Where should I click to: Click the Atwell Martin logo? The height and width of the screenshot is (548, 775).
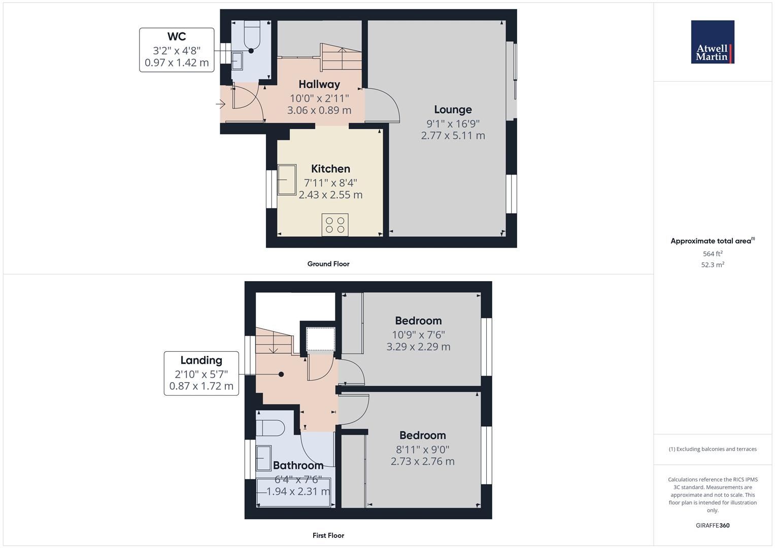pos(713,42)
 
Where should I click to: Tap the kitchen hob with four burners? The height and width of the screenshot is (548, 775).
pos(335,225)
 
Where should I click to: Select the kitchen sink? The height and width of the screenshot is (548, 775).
pos(287,180)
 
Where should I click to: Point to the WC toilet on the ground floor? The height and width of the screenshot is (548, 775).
pos(252,34)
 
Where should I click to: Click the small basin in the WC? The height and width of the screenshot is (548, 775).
pos(237,61)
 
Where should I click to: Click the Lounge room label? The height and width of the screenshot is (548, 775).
pos(453,110)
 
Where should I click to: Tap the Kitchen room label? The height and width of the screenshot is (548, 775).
pos(330,169)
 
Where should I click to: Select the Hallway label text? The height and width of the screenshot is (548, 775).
pos(319,84)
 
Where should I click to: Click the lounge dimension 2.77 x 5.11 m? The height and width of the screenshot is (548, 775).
pos(453,135)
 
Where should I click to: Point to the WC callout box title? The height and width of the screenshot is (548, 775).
pos(177,37)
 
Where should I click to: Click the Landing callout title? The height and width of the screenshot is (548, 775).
pos(201,360)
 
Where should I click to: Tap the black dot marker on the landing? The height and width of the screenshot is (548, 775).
pos(281,374)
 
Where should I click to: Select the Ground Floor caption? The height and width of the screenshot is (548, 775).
pos(328,264)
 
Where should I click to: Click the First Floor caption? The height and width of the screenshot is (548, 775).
pos(328,535)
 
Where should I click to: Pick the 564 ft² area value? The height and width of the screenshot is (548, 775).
pos(713,254)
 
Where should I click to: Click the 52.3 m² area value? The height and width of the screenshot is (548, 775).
pos(713,265)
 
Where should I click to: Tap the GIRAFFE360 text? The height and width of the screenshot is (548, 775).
pos(713,526)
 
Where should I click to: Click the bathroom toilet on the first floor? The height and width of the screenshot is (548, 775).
pos(270,428)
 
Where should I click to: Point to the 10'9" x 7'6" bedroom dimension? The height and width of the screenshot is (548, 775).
pos(418,335)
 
